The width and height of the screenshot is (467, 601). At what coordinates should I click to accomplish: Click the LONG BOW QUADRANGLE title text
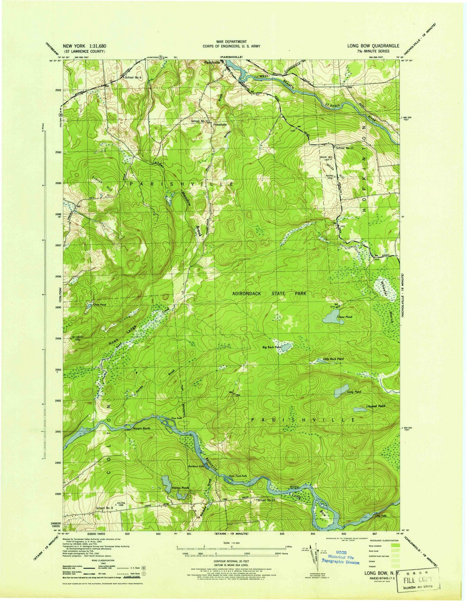(373, 45)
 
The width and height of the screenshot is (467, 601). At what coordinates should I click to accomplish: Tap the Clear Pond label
(345, 317)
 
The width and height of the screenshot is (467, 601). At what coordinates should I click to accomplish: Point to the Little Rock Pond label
(333, 359)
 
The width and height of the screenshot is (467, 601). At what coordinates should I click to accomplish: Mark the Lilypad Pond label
(375, 406)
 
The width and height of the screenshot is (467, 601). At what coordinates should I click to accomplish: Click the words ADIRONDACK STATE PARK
(269, 294)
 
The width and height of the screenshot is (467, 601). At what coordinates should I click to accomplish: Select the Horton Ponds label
(181, 488)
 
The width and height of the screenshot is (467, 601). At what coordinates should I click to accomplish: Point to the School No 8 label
(104, 507)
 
